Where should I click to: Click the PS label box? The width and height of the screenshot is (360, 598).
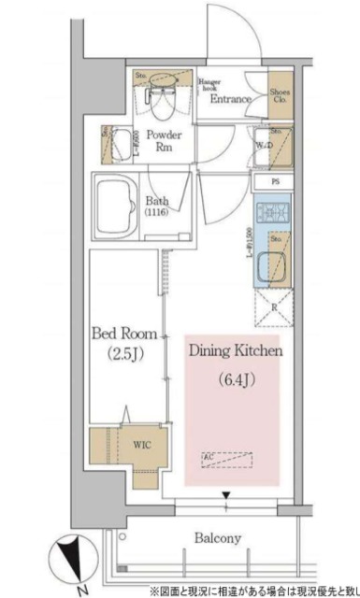[275, 181]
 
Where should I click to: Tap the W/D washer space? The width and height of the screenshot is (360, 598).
[276, 145]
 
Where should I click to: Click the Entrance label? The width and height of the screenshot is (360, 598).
[229, 99]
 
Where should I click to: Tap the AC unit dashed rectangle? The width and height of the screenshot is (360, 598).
[226, 459]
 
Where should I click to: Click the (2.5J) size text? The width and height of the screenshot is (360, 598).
[125, 354]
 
